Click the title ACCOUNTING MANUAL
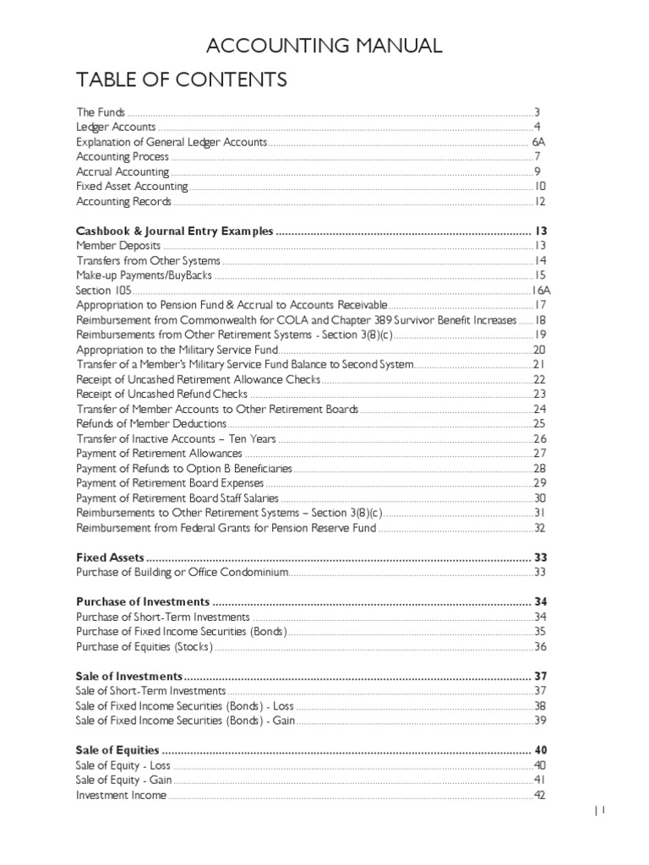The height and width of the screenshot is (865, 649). (x=324, y=46)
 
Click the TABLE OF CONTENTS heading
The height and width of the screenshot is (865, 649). (x=182, y=80)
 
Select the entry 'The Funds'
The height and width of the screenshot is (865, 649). (x=101, y=112)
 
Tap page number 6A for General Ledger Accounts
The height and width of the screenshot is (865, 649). (x=538, y=142)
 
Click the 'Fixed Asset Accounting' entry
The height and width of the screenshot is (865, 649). (x=132, y=187)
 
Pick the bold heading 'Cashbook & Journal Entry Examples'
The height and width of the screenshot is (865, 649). (x=175, y=231)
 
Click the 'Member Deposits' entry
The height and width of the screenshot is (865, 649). (x=118, y=245)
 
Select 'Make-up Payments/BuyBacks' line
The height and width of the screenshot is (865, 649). (x=145, y=275)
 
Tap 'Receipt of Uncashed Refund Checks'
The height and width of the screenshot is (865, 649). (x=161, y=394)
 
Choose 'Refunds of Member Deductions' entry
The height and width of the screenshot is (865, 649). (x=151, y=423)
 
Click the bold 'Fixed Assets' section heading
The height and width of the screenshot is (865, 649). (x=110, y=558)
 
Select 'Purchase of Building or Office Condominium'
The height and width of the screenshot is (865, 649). (x=183, y=572)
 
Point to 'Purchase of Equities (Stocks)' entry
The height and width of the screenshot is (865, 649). (x=144, y=646)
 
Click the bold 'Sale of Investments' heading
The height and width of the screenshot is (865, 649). (x=129, y=677)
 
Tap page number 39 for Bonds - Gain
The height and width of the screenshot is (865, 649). (x=540, y=721)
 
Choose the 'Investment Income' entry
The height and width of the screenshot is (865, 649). (x=121, y=795)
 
